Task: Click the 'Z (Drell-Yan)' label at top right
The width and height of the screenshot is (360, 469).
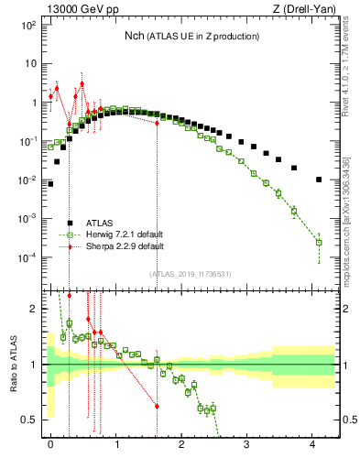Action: coord(306,8)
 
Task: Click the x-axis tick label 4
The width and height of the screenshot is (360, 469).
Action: coord(312,442)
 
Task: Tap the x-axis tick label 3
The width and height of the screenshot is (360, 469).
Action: coord(247,442)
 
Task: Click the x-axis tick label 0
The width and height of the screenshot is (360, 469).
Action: coord(50,442)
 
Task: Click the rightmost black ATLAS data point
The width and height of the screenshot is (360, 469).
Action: coord(319,180)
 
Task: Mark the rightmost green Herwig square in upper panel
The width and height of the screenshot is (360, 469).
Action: coord(319,243)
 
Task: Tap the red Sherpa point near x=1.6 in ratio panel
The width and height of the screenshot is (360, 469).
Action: coord(157,406)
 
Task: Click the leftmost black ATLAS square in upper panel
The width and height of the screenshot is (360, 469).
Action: coord(50,183)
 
